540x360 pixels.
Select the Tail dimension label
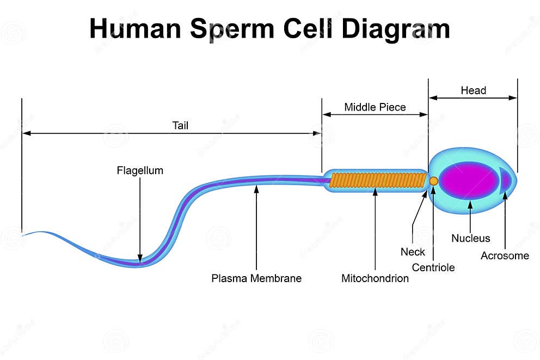[x=180, y=125]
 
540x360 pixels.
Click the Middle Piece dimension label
[x=375, y=107]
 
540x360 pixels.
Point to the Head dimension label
[x=473, y=90]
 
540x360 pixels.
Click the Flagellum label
[x=140, y=170]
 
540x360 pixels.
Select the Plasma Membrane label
[x=256, y=278]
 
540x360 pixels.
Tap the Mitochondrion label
[x=375, y=278]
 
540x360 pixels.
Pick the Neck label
[x=413, y=252]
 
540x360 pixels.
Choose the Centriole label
[x=433, y=267]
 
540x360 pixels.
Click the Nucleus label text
[x=470, y=238]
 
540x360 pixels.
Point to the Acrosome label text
[x=505, y=255]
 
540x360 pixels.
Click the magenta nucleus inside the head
[x=468, y=180]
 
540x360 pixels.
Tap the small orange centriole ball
[x=434, y=181]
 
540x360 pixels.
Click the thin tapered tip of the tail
[x=27, y=233]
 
